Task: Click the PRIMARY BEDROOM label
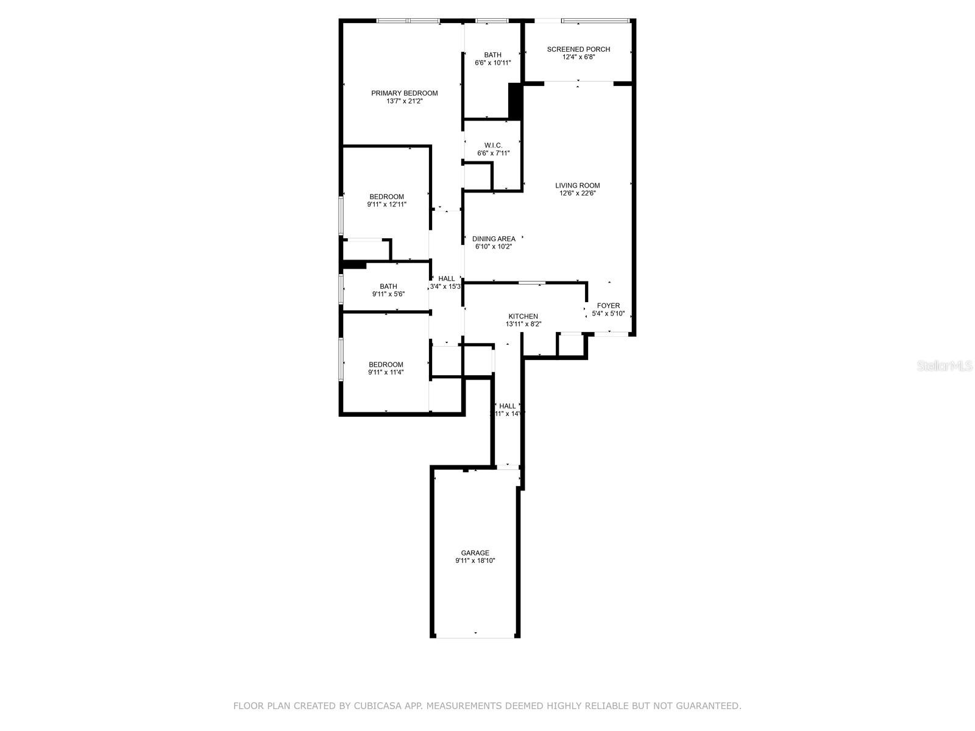coord(405,93)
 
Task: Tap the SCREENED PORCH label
coord(578,49)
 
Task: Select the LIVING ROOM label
coord(577,185)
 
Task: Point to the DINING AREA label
coord(494,239)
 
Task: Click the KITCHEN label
coord(523,316)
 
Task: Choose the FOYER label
coord(608,306)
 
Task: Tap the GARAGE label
coord(475,553)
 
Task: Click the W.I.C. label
coord(494,145)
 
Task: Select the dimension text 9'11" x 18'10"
coord(475,561)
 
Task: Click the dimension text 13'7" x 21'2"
coord(405,101)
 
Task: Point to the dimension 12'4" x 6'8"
coord(578,57)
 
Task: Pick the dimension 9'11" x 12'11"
coord(386,205)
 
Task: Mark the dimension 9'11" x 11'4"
coord(386,372)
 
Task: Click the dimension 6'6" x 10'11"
coord(493,63)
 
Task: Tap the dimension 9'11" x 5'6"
coord(388,294)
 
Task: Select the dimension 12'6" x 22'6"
coord(577,193)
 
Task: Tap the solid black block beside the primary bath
coord(516,101)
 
